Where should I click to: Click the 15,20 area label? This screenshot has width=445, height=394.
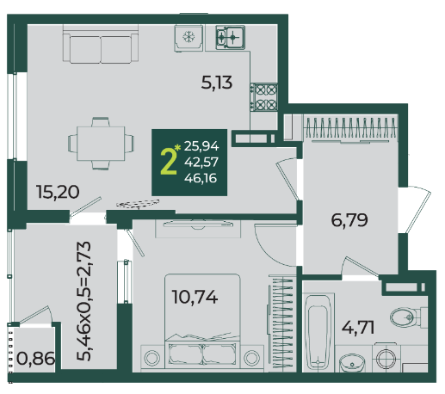pos(58,192)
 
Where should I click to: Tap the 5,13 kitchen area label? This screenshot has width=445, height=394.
pos(217,83)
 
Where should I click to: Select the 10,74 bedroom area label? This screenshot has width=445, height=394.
pos(195,297)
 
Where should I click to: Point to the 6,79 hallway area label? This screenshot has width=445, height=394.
pos(349,220)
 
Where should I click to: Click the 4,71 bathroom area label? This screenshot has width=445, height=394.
pos(358,327)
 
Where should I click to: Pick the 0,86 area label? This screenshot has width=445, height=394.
pos(36,358)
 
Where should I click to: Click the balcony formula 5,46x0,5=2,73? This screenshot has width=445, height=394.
pos(83,300)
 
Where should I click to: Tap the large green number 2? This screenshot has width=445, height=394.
pos(169,163)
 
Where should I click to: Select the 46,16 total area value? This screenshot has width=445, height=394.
pos(201,178)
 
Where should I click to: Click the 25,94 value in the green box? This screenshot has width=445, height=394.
pos(201,146)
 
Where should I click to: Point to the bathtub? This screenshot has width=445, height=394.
pos(318,333)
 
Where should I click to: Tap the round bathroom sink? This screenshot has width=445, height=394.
pos(352,362)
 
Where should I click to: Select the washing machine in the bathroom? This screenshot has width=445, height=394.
pos(386,358)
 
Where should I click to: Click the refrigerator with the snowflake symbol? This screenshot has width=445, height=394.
pos(189,38)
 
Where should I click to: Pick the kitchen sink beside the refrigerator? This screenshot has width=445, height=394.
pos(231,37)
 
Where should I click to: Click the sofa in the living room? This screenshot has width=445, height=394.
pos(101,44)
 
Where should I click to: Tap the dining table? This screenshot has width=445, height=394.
pos(101,144)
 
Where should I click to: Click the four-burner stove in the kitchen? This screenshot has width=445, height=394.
pos(264,97)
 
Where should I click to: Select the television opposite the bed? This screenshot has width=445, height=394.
pos(198,225)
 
